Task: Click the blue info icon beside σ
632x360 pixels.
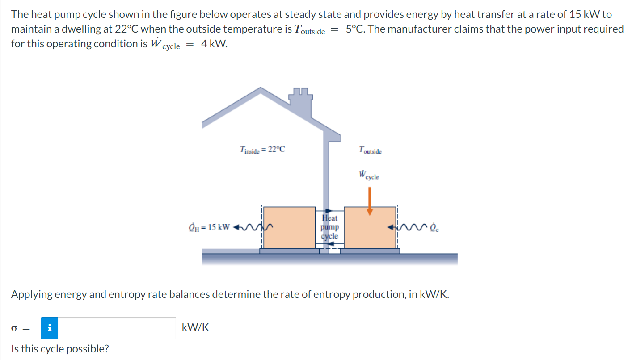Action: click(x=49, y=328)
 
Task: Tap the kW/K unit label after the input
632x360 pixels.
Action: click(x=195, y=328)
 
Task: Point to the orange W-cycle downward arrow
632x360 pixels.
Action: click(x=369, y=201)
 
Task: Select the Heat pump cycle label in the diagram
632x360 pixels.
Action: click(x=330, y=227)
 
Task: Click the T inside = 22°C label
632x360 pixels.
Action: click(x=262, y=150)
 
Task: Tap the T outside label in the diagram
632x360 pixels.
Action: click(x=370, y=151)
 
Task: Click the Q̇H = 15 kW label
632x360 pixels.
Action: click(x=209, y=227)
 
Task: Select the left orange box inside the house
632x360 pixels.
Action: click(x=289, y=227)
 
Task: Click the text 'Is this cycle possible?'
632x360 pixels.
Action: click(x=60, y=349)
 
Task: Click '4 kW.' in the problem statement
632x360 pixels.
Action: click(x=214, y=45)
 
